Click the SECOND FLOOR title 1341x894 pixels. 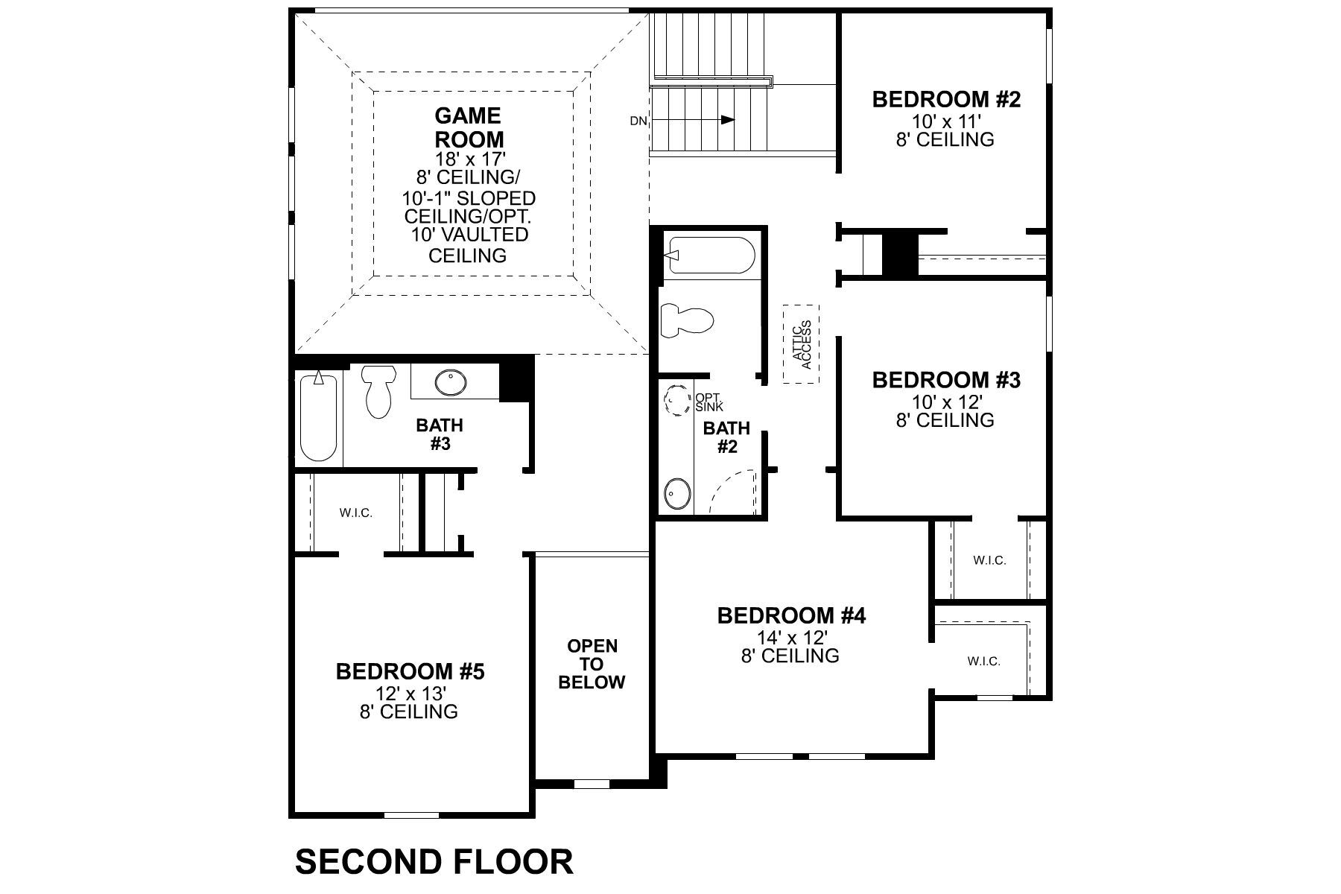pos(434,861)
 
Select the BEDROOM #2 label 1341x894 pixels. pos(945,99)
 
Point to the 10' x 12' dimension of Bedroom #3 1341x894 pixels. pos(945,402)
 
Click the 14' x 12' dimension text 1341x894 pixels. pos(790,637)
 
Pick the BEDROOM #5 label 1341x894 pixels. pos(410,671)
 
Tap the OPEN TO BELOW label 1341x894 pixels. pos(592,664)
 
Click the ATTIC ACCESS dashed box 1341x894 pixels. pos(801,344)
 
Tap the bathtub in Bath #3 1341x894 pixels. pos(319,417)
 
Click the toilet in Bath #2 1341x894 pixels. pos(686,320)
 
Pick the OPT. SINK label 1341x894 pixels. pos(708,402)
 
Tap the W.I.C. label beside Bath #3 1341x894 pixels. pos(355,513)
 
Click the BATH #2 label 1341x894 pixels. pos(726,437)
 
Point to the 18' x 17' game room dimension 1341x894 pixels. pos(469,158)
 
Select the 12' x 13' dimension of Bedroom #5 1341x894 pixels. pos(409,693)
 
